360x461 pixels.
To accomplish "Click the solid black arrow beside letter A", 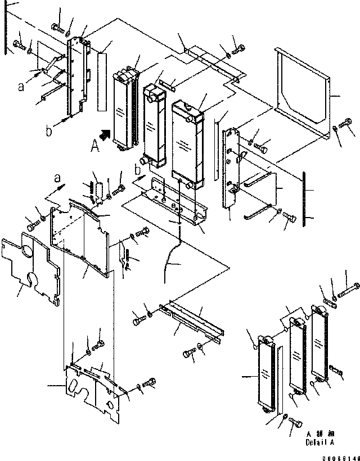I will coord(104,135).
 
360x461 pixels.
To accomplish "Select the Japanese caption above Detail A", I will coord(317,435).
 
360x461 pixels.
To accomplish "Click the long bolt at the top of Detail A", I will coord(350,291).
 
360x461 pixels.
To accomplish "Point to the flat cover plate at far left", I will coord(31,270).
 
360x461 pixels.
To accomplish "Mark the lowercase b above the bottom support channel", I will coord(137,169).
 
